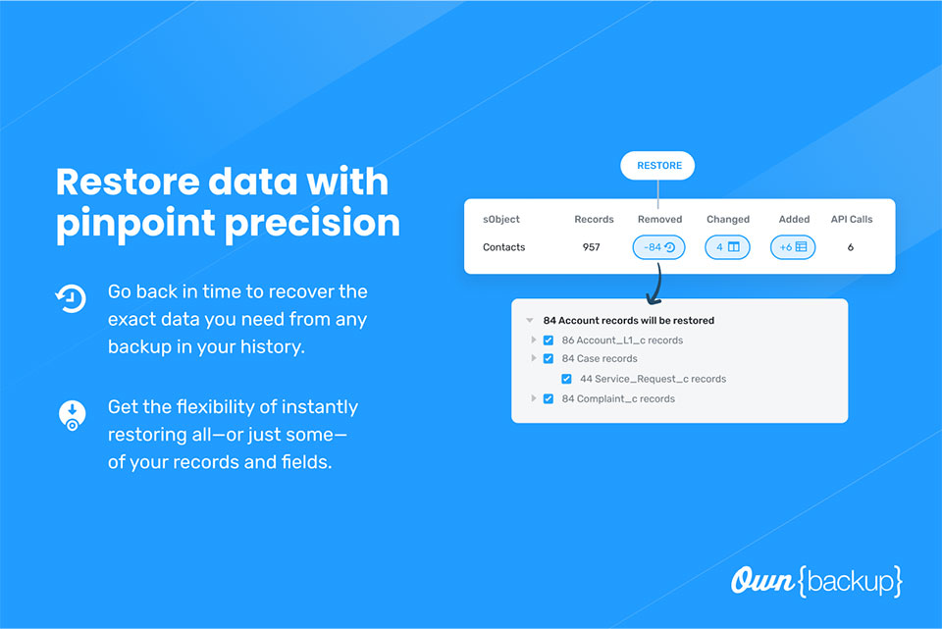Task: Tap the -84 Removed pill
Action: click(x=658, y=247)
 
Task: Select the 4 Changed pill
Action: click(x=727, y=247)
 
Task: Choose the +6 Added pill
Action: click(x=793, y=247)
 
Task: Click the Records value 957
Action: click(x=591, y=247)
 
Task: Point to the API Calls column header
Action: click(x=852, y=219)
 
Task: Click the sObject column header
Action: click(x=501, y=219)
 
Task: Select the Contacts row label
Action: click(x=503, y=247)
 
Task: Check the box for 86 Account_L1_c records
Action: click(x=548, y=341)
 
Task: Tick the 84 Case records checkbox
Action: click(x=548, y=358)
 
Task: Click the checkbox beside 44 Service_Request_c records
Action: click(x=566, y=379)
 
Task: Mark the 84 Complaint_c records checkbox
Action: click(x=548, y=398)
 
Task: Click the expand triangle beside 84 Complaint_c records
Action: click(x=533, y=398)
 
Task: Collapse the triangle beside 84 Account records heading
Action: click(x=529, y=320)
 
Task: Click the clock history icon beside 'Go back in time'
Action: click(x=71, y=298)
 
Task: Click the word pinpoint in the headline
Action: click(x=135, y=224)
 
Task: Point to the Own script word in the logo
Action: click(x=762, y=580)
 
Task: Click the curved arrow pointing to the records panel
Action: click(x=657, y=284)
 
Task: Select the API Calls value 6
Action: click(x=850, y=247)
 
